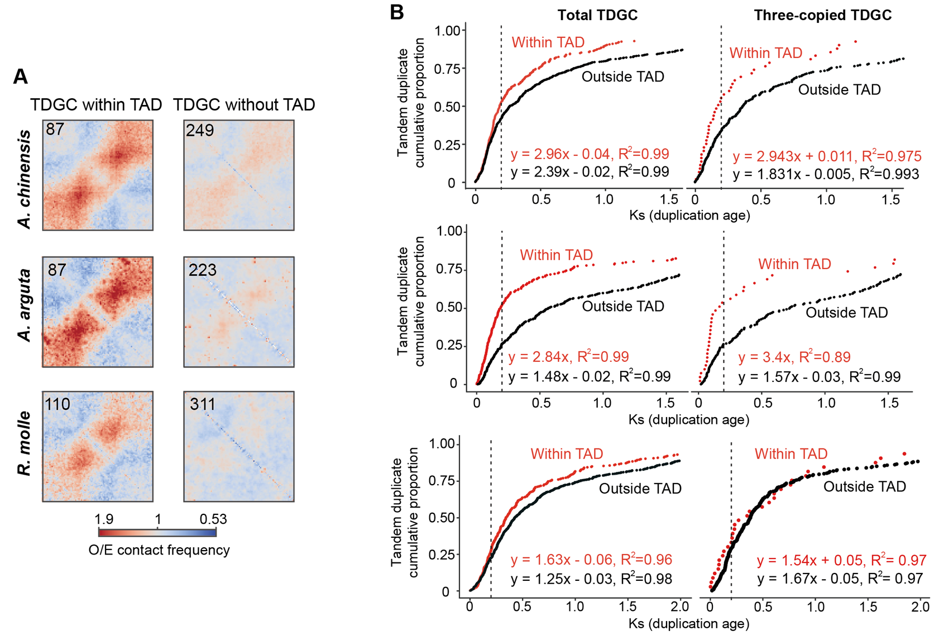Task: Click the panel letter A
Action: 20,77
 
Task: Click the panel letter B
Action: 396,12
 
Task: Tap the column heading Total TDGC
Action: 597,16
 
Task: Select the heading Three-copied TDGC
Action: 822,16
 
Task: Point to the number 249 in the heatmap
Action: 199,131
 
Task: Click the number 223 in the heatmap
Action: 202,270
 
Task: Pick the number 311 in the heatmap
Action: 202,404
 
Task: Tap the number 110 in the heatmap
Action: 58,404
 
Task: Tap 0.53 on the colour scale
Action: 213,519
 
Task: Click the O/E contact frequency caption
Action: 159,550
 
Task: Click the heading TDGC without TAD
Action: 244,104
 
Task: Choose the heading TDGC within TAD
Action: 96,104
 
